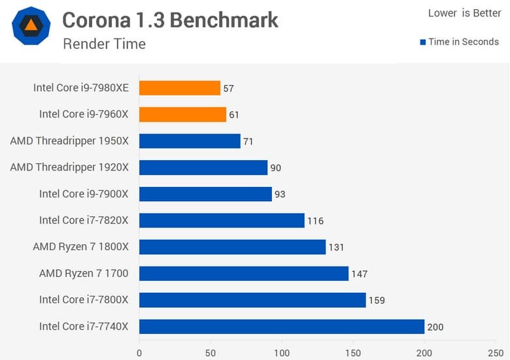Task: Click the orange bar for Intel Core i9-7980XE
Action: [x=180, y=88]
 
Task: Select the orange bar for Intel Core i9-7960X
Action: [x=182, y=114]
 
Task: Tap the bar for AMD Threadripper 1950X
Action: [x=190, y=141]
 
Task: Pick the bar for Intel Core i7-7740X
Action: [x=282, y=326]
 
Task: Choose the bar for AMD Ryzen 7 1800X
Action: [x=232, y=247]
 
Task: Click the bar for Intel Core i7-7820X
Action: [x=222, y=220]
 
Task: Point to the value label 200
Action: [x=435, y=327]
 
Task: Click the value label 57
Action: [x=228, y=88]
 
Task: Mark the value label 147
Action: [x=360, y=274]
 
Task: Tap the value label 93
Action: [x=280, y=194]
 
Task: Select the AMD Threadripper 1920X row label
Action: [x=69, y=167]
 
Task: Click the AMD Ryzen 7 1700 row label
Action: [x=84, y=273]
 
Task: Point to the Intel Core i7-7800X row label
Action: [x=84, y=299]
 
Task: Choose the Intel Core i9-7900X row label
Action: [x=84, y=193]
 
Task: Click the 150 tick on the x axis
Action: [x=353, y=353]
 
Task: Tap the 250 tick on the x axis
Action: [x=496, y=353]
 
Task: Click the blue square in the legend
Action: [x=423, y=42]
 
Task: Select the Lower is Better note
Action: [x=464, y=13]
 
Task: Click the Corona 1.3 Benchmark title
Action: [x=170, y=20]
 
